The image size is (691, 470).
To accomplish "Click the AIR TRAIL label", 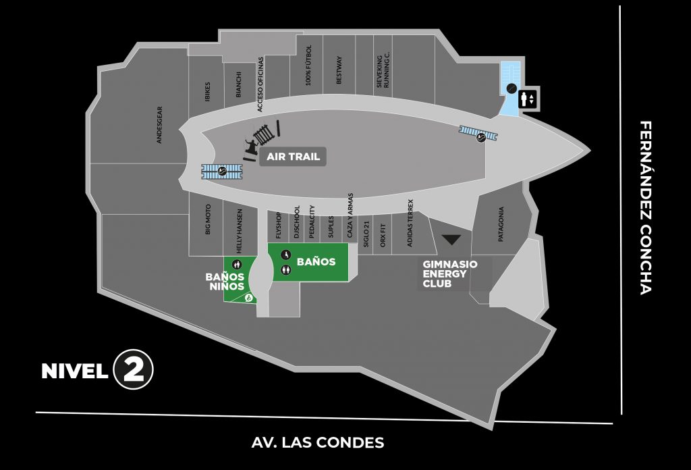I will [x=293, y=157].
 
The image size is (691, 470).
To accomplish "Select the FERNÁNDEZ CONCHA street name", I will [x=646, y=208].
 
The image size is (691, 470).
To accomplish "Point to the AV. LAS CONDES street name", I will [x=318, y=443].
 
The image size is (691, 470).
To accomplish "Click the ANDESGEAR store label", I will [x=160, y=124].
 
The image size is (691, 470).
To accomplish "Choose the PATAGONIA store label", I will [x=501, y=224].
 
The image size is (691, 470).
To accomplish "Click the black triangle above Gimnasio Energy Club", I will [x=450, y=239].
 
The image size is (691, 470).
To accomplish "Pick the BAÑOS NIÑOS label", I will [x=225, y=281].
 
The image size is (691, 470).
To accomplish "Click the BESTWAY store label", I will [x=339, y=70].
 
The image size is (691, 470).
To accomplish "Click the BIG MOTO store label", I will [x=208, y=220].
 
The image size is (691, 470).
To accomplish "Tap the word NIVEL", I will [x=74, y=371].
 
